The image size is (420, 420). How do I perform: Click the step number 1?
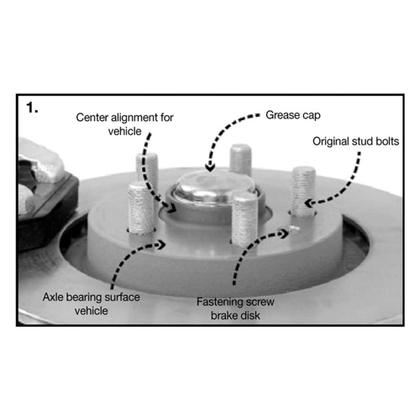[32, 108]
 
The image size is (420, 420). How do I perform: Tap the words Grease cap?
[293, 115]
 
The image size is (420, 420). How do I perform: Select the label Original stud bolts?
[355, 141]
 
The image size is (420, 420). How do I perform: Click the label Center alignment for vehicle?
[124, 124]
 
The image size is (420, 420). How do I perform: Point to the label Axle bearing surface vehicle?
[92, 304]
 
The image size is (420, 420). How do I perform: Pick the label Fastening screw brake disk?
[235, 308]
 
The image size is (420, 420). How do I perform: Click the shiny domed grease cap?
[214, 186]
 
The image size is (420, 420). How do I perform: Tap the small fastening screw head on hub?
[294, 229]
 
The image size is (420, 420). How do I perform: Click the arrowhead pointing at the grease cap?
[210, 167]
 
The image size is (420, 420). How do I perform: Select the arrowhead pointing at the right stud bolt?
[309, 203]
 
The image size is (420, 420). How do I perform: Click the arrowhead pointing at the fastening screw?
[284, 233]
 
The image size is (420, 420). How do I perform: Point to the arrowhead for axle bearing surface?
[162, 244]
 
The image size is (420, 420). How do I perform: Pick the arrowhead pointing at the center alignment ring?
[171, 208]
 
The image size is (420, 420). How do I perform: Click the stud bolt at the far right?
[303, 192]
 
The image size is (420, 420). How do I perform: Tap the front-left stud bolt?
[141, 207]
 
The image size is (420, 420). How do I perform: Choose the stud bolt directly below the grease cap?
[245, 220]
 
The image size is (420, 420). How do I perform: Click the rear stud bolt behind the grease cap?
[240, 160]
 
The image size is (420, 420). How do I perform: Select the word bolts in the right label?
[387, 141]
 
